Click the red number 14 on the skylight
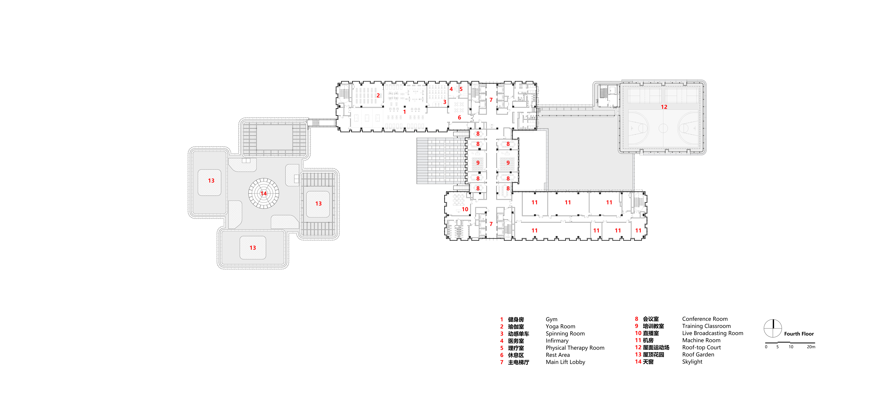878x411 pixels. [x=263, y=193]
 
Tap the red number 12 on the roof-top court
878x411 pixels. [x=664, y=107]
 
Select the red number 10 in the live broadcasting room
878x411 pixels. [x=465, y=209]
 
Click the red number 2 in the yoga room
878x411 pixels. [x=378, y=95]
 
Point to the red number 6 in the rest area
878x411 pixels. [x=459, y=118]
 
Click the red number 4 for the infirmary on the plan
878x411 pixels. [x=451, y=89]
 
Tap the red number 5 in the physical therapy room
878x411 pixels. [x=461, y=89]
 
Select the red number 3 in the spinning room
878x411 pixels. [x=444, y=102]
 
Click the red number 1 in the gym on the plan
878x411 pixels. [x=405, y=112]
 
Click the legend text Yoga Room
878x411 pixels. [x=560, y=326]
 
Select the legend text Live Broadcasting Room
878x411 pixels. [x=713, y=333]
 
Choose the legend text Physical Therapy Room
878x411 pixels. [x=575, y=348]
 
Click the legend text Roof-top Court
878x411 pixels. [x=701, y=348]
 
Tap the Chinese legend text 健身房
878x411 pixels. [x=516, y=320]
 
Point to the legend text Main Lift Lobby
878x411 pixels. [x=565, y=362]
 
